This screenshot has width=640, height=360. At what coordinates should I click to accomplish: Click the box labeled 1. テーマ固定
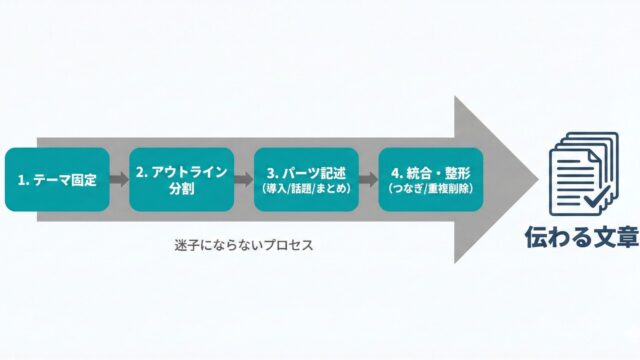click(x=57, y=180)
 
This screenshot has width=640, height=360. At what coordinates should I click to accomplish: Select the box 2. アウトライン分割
click(x=182, y=180)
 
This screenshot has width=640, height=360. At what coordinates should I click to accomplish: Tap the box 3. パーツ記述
click(x=306, y=180)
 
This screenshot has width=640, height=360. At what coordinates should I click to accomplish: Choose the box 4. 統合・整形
click(x=431, y=180)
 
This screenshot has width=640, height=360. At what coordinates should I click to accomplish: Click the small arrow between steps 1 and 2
click(x=120, y=179)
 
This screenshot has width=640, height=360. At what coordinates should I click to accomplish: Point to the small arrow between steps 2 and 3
click(x=244, y=179)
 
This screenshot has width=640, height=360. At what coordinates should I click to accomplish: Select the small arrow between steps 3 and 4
click(x=369, y=179)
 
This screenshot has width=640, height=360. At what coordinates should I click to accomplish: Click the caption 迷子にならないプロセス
click(x=244, y=245)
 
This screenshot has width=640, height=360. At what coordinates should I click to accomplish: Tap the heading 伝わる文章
click(x=582, y=236)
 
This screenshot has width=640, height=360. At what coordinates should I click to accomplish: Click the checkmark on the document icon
click(x=597, y=197)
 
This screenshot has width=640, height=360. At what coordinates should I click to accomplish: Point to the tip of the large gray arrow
click(x=538, y=180)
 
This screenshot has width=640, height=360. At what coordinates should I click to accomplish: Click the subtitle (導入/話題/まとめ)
click(x=306, y=189)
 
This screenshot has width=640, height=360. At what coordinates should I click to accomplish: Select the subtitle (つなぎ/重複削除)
click(x=431, y=189)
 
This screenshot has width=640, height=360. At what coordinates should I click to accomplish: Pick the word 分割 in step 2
click(x=182, y=189)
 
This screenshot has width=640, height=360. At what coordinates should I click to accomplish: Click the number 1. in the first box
click(x=23, y=180)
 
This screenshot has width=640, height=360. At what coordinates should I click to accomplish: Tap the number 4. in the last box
click(x=397, y=173)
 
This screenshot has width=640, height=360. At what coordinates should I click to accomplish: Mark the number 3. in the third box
click(x=273, y=173)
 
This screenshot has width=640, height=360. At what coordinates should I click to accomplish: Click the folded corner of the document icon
click(x=594, y=157)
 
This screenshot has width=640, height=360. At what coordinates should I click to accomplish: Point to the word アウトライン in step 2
click(x=189, y=171)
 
